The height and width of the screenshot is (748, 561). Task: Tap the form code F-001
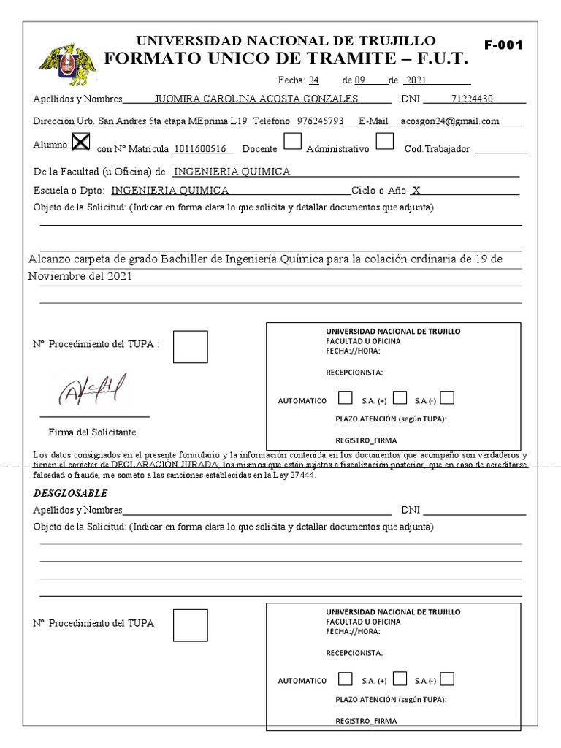[x=504, y=45]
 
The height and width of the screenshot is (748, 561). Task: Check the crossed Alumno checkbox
[x=81, y=142]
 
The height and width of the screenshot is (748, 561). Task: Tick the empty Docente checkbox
[x=292, y=141]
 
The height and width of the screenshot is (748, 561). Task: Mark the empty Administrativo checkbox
[x=385, y=141]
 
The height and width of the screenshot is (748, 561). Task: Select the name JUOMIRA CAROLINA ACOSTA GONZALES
[x=257, y=99]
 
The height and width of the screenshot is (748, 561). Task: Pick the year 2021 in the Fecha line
[x=416, y=80]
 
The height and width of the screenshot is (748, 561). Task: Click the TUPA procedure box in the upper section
[x=190, y=347]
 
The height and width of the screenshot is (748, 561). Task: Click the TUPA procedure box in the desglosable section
[x=190, y=625]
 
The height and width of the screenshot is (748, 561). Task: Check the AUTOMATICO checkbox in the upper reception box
[x=345, y=398]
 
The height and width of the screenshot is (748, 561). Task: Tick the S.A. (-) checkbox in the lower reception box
[x=447, y=679]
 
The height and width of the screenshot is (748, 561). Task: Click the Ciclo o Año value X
[x=416, y=191]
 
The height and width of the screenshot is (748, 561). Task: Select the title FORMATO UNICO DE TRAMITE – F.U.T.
[x=286, y=59]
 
